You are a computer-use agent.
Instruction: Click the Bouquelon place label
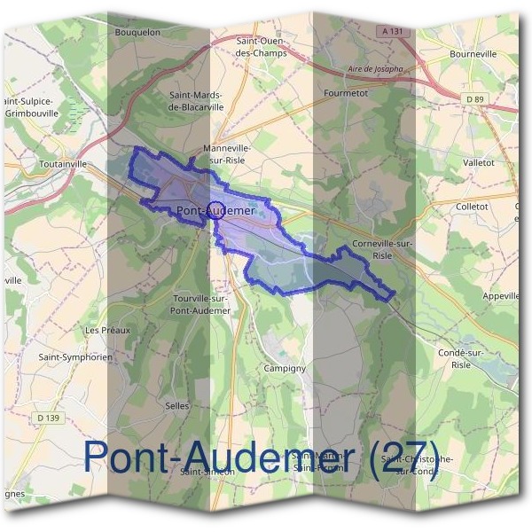point(137,32)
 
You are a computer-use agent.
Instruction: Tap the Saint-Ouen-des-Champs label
point(265,46)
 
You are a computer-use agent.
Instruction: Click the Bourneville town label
point(473,54)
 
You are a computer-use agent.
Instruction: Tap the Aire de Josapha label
point(376,68)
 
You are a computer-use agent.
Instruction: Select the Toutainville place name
point(64,164)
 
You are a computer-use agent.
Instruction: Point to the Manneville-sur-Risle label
point(227,153)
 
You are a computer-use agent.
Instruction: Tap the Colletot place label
point(472,207)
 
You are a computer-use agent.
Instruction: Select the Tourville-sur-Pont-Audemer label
point(200,305)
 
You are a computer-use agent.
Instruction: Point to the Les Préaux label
point(107,330)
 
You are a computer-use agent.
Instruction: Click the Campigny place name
point(285,367)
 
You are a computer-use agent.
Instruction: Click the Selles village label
point(176,405)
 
